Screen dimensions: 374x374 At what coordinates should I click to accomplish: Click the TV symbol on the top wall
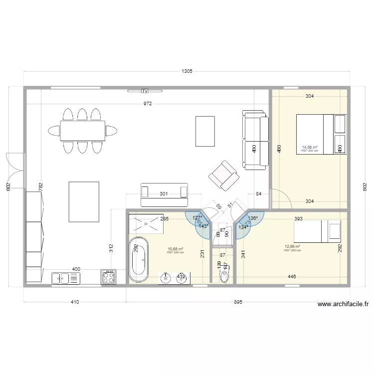pyautogui.click(x=145, y=91)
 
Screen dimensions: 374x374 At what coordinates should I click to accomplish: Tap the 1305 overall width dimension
pyautogui.click(x=187, y=72)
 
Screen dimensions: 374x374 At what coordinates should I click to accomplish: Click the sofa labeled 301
pyautogui.click(x=164, y=194)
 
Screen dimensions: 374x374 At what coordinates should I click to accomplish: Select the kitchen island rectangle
pyautogui.click(x=84, y=201)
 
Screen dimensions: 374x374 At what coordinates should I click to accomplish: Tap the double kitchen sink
pyautogui.click(x=63, y=277)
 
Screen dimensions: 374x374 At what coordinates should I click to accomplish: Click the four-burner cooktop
pyautogui.click(x=109, y=277)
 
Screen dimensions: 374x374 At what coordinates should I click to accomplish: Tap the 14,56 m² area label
pyautogui.click(x=310, y=148)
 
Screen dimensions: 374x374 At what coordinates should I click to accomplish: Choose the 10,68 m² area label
pyautogui.click(x=176, y=249)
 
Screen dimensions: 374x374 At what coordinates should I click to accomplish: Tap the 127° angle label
pyautogui.click(x=197, y=218)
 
